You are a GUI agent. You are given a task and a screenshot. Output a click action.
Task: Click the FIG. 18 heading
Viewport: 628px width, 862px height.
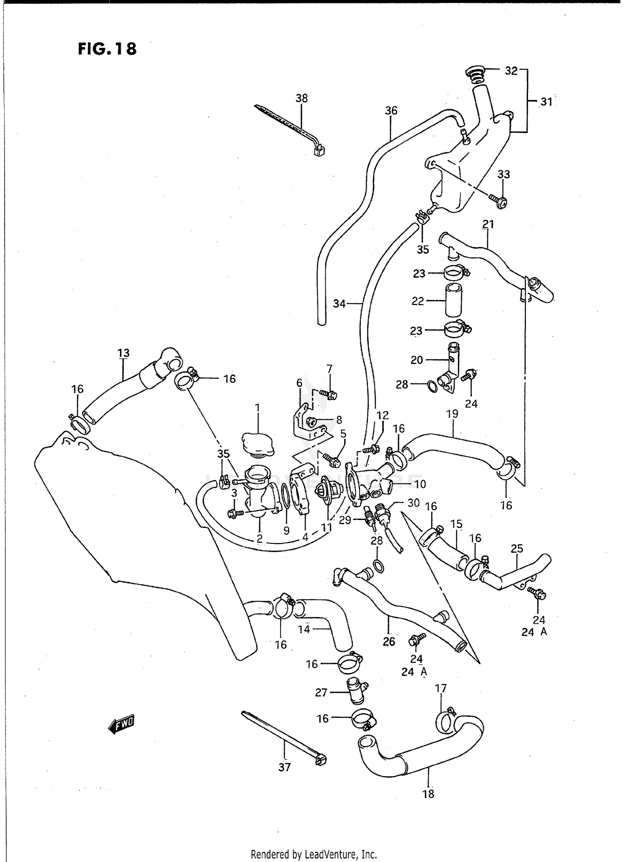tap(107, 49)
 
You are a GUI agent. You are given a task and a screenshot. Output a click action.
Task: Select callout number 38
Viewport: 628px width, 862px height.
tap(301, 98)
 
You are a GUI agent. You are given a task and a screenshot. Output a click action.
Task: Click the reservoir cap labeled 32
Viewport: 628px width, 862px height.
tap(474, 72)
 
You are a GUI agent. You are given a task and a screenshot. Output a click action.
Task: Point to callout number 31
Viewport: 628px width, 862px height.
tap(546, 102)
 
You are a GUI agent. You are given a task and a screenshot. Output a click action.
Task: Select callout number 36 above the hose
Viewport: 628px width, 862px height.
tap(391, 111)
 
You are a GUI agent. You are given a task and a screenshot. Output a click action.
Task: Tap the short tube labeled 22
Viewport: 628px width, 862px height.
tap(453, 300)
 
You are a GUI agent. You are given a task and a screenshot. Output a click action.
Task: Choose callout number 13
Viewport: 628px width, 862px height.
tap(124, 353)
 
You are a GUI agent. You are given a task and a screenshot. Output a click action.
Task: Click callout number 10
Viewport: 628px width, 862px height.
tap(420, 484)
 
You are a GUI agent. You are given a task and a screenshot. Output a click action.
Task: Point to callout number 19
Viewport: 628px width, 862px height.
tap(453, 414)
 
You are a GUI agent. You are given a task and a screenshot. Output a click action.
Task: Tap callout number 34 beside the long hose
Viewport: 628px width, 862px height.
tap(339, 304)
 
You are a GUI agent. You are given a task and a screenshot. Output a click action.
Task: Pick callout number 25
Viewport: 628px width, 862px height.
tap(517, 548)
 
